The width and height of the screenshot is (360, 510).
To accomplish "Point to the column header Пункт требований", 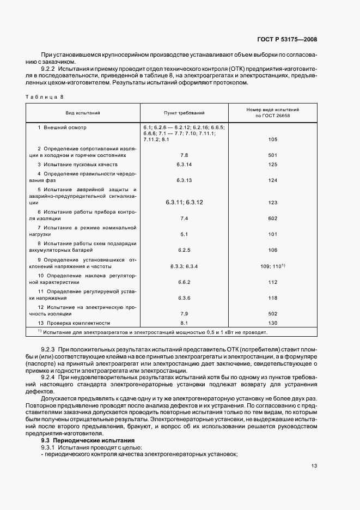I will pos(184,113).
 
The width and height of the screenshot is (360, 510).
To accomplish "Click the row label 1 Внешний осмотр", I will pos(62,127).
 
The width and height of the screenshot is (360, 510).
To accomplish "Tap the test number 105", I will pos(273,139).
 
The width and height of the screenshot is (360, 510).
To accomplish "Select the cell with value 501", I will pos(273,155).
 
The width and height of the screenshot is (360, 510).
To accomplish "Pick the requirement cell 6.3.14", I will pos(184,164).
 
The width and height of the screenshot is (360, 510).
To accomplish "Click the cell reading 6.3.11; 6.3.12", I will pos(184,202).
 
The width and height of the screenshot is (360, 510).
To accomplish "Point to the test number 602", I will pos(273,218).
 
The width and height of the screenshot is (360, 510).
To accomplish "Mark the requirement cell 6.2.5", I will pos(184,250).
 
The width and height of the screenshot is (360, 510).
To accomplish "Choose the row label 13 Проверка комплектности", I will pos(74,323).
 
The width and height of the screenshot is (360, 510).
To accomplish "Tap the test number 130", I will pos(273,323).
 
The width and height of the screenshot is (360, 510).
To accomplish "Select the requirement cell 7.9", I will pos(184,313).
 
